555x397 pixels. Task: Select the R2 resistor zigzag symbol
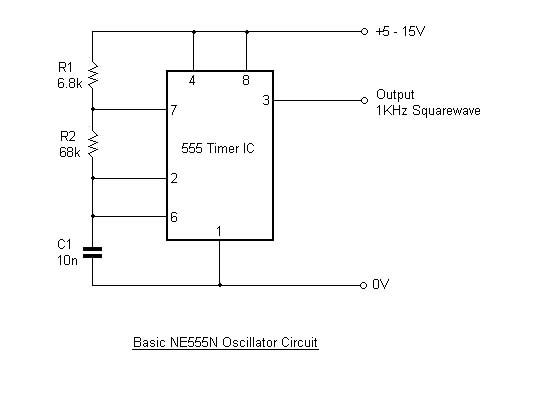pyautogui.click(x=92, y=145)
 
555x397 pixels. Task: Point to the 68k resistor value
pyautogui.click(x=69, y=152)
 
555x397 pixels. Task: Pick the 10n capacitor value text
pyautogui.click(x=68, y=259)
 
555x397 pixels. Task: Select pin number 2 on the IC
pyautogui.click(x=174, y=178)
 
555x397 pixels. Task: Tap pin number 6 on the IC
pyautogui.click(x=174, y=215)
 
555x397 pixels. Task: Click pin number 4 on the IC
pyautogui.click(x=193, y=80)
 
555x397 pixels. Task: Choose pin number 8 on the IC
pyautogui.click(x=246, y=80)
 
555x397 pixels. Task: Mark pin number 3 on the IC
pyautogui.click(x=265, y=100)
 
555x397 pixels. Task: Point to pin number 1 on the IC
pyautogui.click(x=219, y=232)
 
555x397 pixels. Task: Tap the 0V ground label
pyautogui.click(x=380, y=285)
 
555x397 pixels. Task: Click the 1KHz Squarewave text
pyautogui.click(x=428, y=111)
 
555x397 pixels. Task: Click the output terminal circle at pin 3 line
pyautogui.click(x=364, y=100)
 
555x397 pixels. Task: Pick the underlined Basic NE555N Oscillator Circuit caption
pyautogui.click(x=225, y=342)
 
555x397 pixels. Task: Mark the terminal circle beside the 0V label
pyautogui.click(x=364, y=285)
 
